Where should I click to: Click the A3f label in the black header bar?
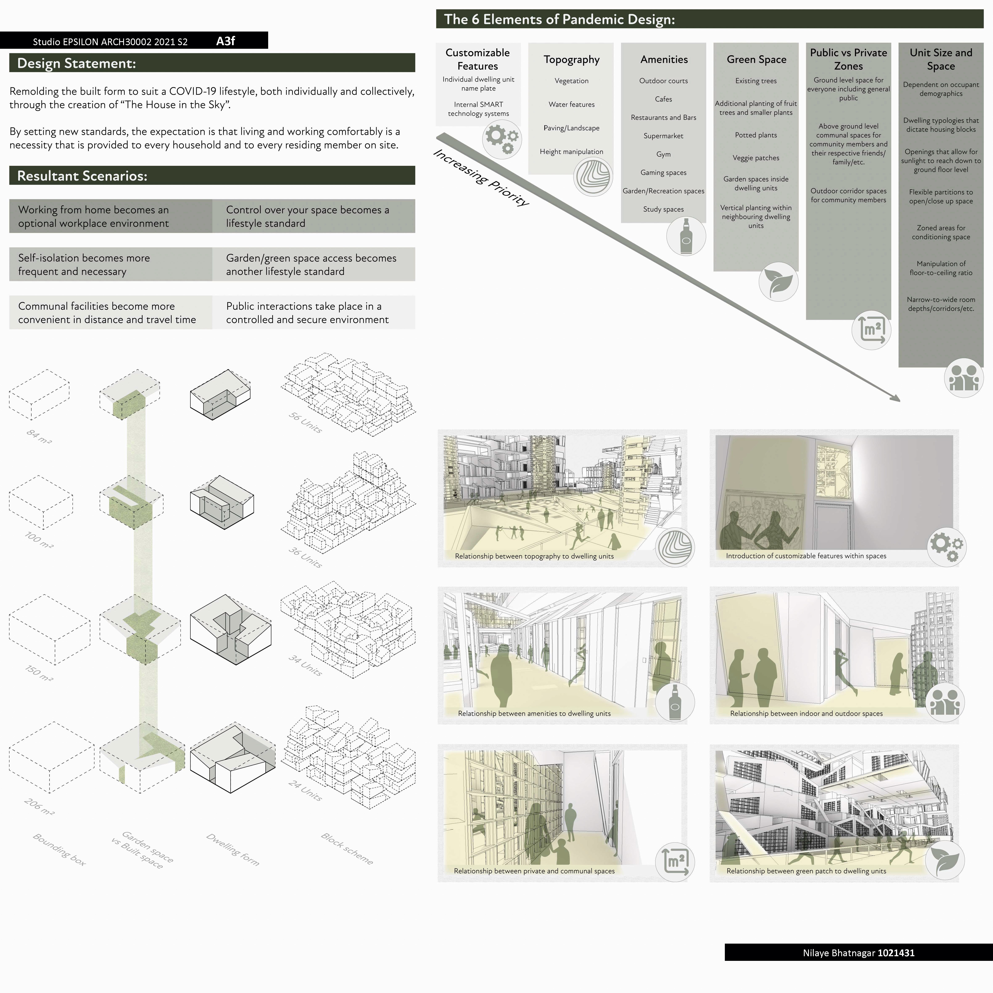226,41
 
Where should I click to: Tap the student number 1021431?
896,952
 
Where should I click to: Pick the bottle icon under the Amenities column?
686,236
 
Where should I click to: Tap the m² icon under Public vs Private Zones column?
871,330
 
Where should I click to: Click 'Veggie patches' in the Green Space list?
756,158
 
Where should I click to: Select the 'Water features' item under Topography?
572,104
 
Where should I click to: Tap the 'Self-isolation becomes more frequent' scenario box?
111,264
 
